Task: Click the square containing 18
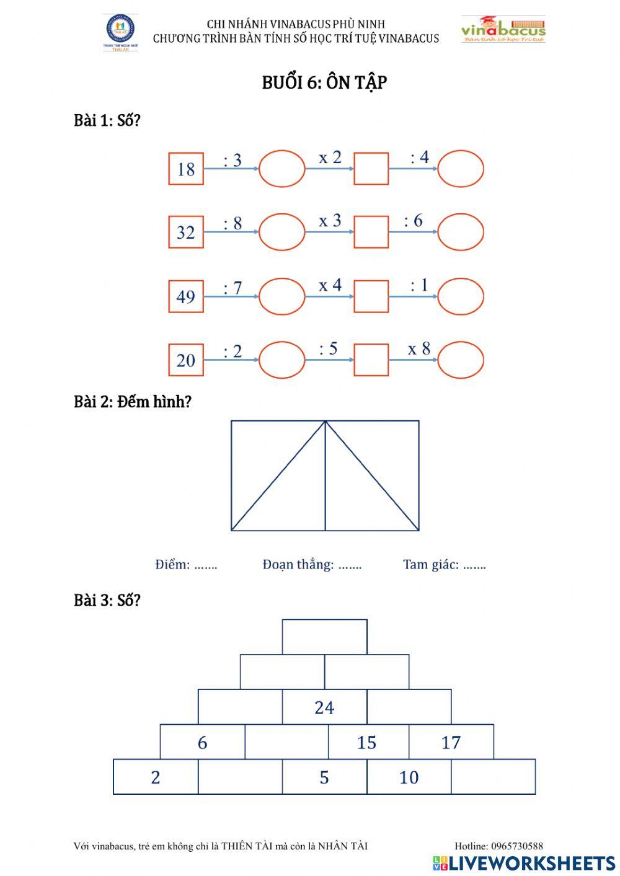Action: click(186, 169)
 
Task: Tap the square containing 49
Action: click(186, 296)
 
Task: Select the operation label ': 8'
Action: click(232, 223)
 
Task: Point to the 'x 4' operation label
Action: click(330, 285)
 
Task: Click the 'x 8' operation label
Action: click(418, 349)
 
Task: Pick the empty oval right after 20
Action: click(282, 360)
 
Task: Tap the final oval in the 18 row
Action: click(461, 169)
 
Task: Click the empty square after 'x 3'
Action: click(371, 232)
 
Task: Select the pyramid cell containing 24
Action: click(324, 707)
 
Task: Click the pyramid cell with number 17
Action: click(451, 742)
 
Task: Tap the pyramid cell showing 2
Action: click(156, 777)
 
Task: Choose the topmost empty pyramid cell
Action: click(324, 637)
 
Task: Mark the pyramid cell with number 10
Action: click(409, 777)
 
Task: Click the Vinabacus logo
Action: click(503, 30)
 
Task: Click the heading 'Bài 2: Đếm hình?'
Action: click(133, 402)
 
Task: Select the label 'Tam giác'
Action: click(431, 564)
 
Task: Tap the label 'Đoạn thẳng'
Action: click(298, 564)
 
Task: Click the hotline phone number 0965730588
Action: click(517, 846)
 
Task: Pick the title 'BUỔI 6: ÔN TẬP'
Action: click(324, 83)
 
